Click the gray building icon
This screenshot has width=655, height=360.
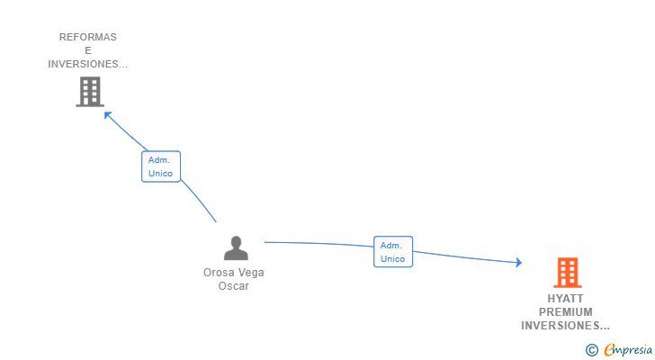tap(89, 92)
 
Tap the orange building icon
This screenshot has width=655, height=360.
tap(567, 273)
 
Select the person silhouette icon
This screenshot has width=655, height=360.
tap(236, 248)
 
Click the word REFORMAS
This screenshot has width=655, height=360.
tap(88, 38)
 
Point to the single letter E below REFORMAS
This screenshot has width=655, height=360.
tap(88, 51)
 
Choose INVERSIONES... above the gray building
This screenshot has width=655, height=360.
tap(88, 65)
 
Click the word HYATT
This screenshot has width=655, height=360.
tap(565, 298)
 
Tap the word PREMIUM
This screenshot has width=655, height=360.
tap(565, 311)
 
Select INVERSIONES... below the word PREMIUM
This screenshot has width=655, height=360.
tap(565, 325)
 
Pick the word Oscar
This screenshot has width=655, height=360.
tap(233, 286)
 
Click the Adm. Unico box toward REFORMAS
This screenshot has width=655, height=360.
tap(161, 166)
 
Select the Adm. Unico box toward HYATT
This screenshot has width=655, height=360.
tap(393, 252)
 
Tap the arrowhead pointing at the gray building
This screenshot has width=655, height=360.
tap(107, 113)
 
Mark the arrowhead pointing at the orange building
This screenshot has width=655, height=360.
tap(517, 263)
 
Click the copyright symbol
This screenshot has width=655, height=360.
tap(591, 349)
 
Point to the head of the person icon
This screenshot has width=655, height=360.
tap(236, 241)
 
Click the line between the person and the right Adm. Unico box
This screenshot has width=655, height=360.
tap(319, 244)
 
